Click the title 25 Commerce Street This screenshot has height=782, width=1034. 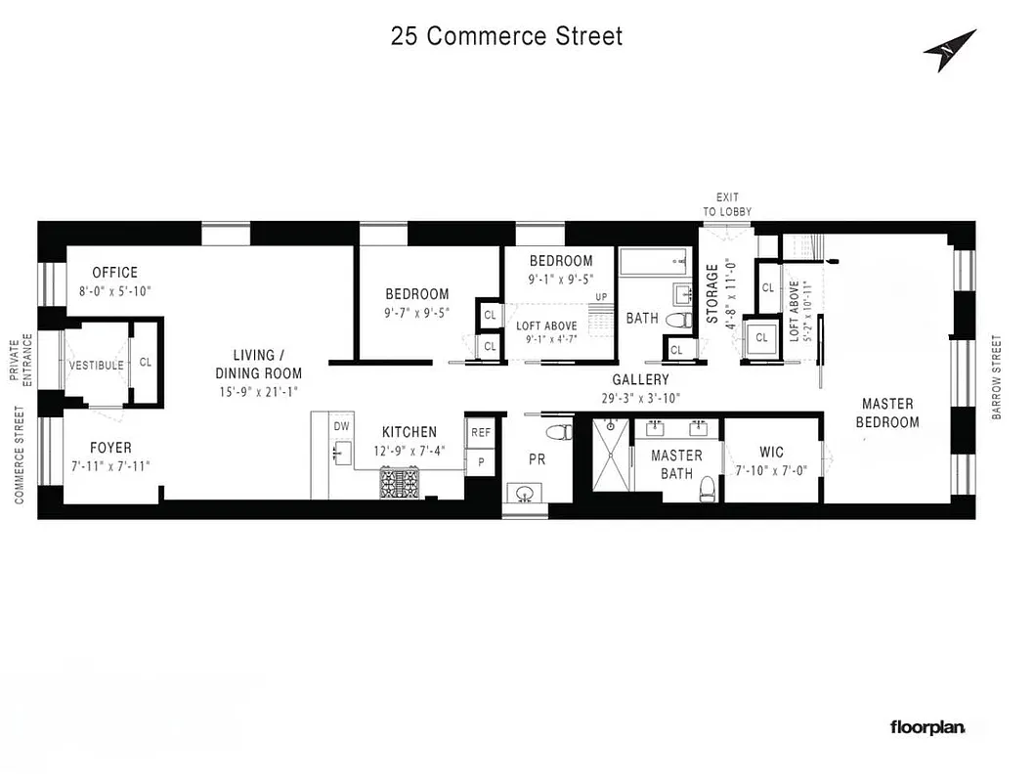(506, 36)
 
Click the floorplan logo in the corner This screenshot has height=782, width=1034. (926, 727)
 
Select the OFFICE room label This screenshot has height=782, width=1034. (115, 273)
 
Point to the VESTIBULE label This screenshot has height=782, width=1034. (96, 365)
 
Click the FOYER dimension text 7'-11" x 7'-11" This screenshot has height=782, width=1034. (110, 466)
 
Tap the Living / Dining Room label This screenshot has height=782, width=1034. (259, 364)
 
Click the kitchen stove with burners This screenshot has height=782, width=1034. (402, 483)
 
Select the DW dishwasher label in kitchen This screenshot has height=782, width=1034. (341, 426)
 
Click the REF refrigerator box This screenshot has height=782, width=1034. (480, 432)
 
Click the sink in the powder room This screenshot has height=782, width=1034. (525, 492)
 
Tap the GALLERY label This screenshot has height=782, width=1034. (640, 380)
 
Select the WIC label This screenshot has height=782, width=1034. (772, 453)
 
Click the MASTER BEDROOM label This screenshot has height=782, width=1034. (887, 413)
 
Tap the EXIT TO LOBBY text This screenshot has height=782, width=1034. (727, 204)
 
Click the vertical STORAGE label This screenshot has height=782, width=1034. (712, 292)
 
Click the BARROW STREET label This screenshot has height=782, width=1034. (997, 377)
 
